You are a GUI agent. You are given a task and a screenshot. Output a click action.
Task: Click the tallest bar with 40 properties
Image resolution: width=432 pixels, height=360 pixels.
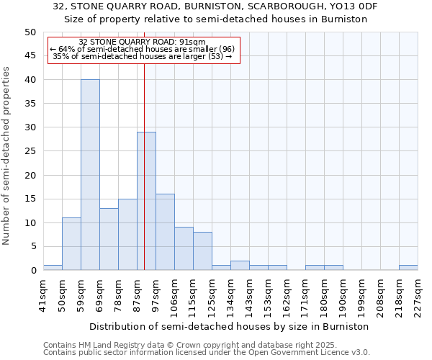[x=90, y=175]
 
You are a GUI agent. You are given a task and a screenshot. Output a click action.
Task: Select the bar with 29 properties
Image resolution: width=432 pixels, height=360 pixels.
[x=146, y=201]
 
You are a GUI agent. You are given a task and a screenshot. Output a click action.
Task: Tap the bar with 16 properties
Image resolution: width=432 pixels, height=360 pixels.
[x=165, y=232]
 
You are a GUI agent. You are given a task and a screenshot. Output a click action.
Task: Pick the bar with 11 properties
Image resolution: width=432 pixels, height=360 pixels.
[x=71, y=244]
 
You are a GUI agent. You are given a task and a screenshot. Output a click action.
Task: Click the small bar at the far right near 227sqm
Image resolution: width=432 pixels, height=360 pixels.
[x=408, y=268]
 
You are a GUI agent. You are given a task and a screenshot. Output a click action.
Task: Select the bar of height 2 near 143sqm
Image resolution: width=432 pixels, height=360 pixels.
[x=240, y=266]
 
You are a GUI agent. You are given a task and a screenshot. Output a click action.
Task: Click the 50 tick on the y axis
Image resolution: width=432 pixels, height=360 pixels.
[x=30, y=32]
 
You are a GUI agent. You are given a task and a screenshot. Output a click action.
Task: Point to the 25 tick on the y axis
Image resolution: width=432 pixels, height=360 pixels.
[x=30, y=151]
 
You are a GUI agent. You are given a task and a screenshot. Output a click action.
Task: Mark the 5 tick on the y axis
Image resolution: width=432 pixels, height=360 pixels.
[x=32, y=246]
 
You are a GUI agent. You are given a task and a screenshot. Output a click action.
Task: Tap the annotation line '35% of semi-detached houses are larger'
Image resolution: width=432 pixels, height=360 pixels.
[x=143, y=56]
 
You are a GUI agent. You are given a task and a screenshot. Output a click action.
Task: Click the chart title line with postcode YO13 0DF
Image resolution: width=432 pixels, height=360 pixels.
[x=215, y=6]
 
